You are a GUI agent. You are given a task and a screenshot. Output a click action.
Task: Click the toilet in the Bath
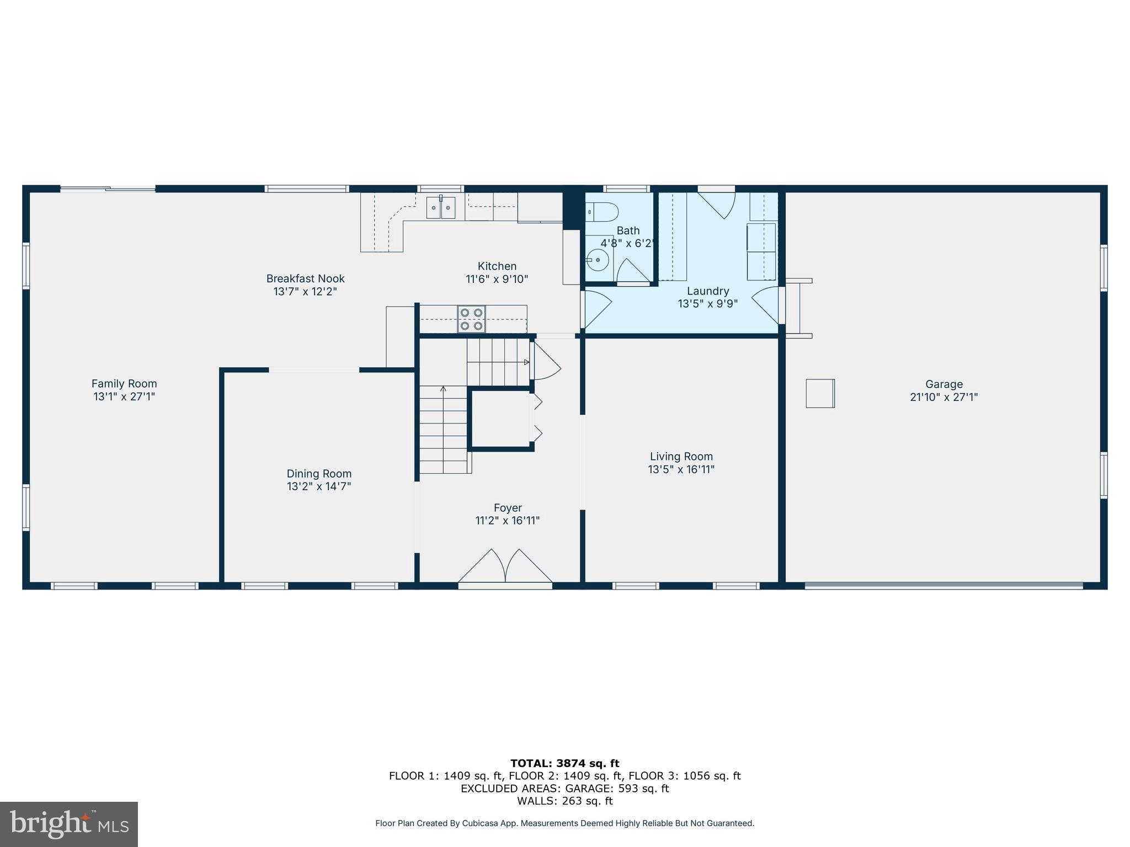point(602,212)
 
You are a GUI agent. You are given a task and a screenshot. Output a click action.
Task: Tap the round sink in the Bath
point(598,259)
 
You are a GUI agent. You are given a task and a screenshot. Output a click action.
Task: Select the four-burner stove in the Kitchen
point(472,319)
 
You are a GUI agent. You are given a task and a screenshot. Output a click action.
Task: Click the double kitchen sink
point(441,208)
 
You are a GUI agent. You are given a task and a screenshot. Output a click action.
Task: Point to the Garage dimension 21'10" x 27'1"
point(944,397)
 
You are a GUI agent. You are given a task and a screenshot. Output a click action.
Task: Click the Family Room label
point(124,384)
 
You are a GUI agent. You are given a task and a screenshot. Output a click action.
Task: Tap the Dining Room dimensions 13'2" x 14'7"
point(319,486)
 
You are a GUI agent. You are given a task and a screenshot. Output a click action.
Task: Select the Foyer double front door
point(505,568)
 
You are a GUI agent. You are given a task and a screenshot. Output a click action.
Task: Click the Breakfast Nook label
point(305,279)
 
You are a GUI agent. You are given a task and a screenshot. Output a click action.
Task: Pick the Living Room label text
point(681,457)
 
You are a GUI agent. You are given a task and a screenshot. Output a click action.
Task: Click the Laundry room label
point(708,291)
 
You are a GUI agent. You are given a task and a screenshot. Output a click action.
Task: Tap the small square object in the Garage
point(820,393)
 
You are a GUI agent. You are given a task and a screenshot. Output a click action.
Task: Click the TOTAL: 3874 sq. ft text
point(564,764)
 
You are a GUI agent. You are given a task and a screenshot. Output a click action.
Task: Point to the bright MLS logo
point(69,824)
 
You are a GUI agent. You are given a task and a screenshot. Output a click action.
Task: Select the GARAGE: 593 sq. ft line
point(564,789)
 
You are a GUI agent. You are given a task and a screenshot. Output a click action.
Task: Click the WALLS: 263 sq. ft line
point(564,801)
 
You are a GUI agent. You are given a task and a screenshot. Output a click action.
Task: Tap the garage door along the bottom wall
point(944,586)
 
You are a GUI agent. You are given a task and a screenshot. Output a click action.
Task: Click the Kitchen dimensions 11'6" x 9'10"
point(497,280)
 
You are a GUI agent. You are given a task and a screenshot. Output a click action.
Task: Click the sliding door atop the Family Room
point(108,189)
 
